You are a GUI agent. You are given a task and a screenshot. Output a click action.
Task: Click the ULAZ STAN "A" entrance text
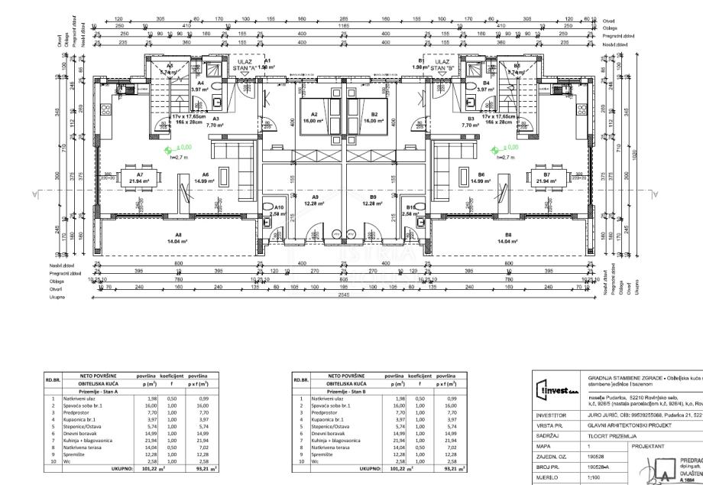point(244,64)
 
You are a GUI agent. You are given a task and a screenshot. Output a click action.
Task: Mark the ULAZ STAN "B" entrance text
point(443,64)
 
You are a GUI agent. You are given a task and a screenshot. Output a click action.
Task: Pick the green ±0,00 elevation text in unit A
point(184,147)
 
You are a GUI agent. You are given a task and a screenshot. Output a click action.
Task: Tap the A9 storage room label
point(315,200)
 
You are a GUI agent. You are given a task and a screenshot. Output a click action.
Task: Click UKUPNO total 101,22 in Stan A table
point(147,469)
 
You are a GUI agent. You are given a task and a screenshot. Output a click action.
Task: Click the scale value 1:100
point(594,476)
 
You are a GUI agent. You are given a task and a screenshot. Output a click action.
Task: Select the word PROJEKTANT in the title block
point(650,444)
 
